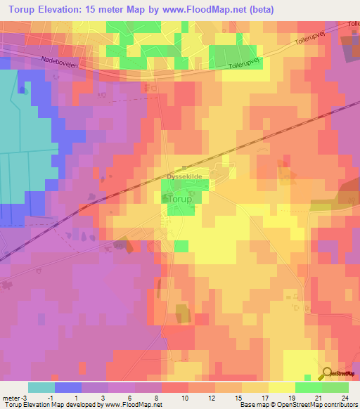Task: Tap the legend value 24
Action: (x=345, y=397)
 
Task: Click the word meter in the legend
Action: (x=11, y=397)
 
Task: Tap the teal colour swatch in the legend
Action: (x=41, y=387)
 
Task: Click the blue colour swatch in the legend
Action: (x=68, y=387)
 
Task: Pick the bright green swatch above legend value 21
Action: (x=309, y=387)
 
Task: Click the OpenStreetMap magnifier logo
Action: (x=327, y=373)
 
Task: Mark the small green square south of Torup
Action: (x=181, y=245)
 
